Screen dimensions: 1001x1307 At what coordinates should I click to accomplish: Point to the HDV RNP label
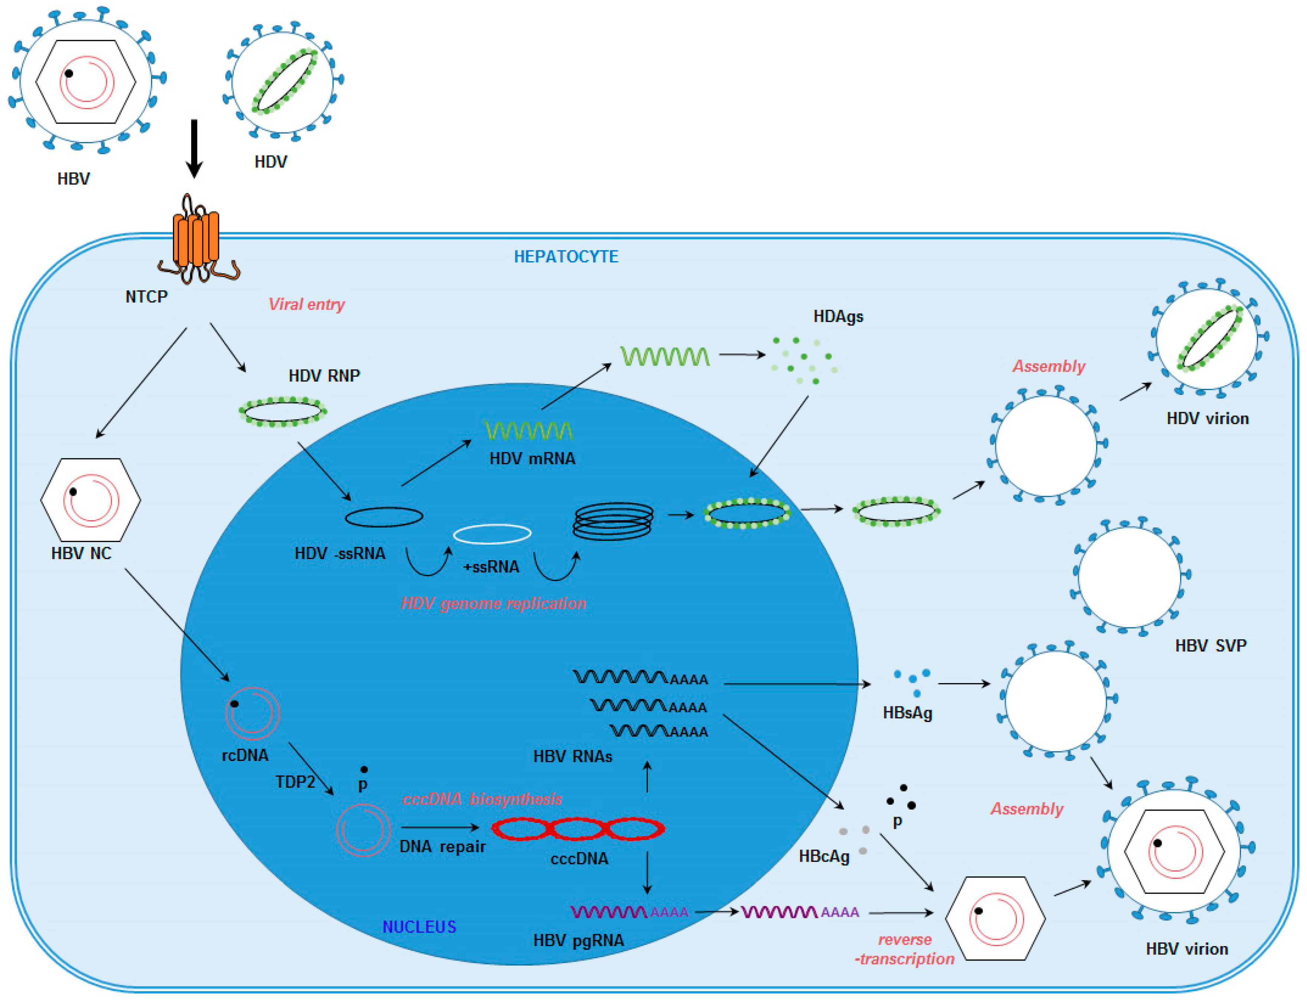(324, 375)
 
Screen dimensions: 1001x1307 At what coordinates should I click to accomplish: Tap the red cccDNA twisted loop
(577, 829)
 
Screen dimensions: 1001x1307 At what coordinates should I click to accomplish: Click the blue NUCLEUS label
(419, 926)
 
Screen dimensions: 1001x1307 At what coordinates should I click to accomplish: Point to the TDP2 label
(295, 782)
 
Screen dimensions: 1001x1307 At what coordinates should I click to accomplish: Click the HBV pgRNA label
(578, 940)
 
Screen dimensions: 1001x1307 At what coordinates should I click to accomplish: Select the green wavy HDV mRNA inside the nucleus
(529, 430)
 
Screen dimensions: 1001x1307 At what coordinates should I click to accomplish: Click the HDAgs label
(838, 316)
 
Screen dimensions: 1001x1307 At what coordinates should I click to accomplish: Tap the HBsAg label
(907, 713)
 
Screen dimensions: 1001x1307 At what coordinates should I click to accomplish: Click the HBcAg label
(824, 856)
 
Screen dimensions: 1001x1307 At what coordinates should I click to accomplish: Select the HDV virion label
(1208, 418)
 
